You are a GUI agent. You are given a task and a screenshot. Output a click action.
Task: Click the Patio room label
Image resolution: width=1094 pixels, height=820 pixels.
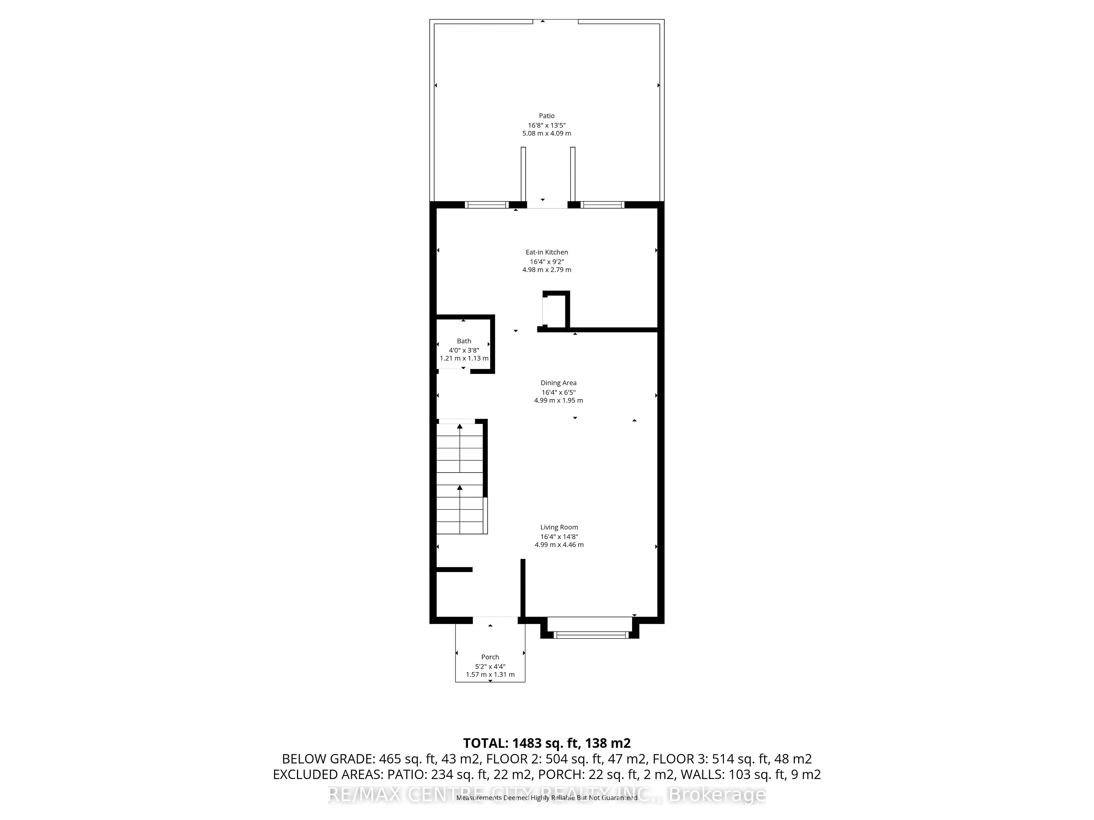pos(546,116)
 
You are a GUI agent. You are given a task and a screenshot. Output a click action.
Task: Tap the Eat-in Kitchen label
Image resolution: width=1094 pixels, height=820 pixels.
pos(546,252)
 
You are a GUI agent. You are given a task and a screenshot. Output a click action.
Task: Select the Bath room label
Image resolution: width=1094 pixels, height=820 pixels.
pos(464,341)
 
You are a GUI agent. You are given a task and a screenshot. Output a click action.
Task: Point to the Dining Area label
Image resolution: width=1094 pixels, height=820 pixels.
pos(558,383)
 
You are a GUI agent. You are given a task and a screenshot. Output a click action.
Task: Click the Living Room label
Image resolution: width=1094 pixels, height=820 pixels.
pos(559,527)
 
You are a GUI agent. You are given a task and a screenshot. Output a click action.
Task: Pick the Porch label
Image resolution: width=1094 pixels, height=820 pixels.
pos(490,657)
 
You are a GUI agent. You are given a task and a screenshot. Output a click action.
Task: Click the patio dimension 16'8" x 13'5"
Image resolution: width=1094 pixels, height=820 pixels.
pos(546,125)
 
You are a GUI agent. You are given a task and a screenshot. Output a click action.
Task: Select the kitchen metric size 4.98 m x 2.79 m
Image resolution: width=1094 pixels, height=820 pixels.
pos(546,270)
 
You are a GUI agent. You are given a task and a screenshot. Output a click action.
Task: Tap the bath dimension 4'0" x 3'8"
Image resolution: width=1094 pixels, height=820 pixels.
pos(464,350)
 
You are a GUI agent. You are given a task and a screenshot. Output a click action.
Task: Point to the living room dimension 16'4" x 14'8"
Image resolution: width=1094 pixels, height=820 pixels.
pos(559,537)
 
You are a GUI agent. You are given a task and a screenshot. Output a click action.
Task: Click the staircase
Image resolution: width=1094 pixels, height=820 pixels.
pos(461,477)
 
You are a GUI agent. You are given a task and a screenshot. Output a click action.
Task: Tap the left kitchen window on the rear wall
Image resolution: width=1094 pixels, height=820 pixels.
pos(487,205)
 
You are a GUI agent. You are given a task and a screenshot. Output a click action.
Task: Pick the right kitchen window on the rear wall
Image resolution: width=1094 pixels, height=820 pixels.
pos(602,205)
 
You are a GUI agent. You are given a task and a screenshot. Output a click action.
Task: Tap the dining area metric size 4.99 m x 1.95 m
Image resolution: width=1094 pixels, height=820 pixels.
pos(558,400)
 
